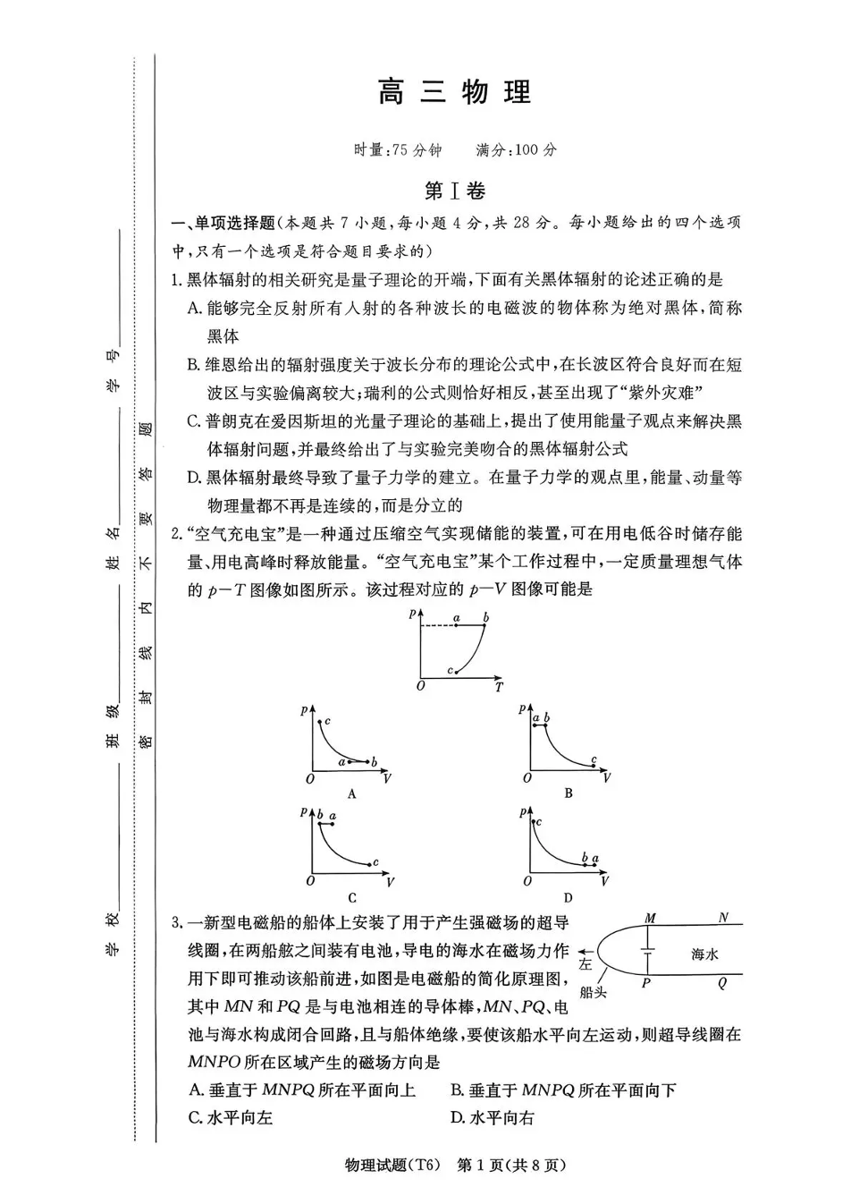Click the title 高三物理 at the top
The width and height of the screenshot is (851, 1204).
pyautogui.click(x=454, y=92)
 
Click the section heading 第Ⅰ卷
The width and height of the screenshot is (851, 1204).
pyautogui.click(x=454, y=191)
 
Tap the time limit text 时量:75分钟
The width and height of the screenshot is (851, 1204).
pyautogui.click(x=398, y=149)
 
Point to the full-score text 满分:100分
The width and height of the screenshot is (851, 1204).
pyautogui.click(x=516, y=149)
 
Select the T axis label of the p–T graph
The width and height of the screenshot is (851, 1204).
pyautogui.click(x=499, y=687)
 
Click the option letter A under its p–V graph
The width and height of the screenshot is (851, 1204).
pyautogui.click(x=351, y=793)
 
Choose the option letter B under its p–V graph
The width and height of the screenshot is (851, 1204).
pyautogui.click(x=568, y=793)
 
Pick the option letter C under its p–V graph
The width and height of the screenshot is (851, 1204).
pyautogui.click(x=351, y=897)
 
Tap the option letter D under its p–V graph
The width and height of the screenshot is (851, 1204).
pyautogui.click(x=568, y=897)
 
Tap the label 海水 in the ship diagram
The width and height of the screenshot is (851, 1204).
pyautogui.click(x=704, y=954)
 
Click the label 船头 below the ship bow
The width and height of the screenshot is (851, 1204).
pyautogui.click(x=593, y=991)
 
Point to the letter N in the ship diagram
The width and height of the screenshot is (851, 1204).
pyautogui.click(x=723, y=918)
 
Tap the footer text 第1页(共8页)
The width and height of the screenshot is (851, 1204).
pyautogui.click(x=510, y=1165)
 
